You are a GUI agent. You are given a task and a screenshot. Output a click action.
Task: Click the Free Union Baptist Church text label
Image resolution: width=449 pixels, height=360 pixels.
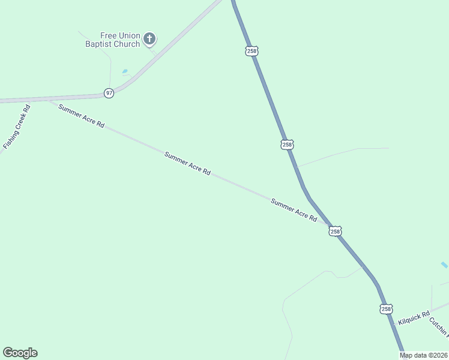[120, 40]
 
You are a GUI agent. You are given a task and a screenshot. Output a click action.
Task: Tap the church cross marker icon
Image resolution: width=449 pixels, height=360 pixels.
[149, 40]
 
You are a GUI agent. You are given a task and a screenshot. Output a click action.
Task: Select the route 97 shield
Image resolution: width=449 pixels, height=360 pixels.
[109, 93]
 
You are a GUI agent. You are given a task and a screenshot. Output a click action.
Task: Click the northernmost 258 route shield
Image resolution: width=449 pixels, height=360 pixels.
[252, 51]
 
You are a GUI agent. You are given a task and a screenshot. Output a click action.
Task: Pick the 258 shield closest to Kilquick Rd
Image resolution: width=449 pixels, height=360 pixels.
[386, 309]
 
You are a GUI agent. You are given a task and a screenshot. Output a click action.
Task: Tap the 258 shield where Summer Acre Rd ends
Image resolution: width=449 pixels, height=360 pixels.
[335, 231]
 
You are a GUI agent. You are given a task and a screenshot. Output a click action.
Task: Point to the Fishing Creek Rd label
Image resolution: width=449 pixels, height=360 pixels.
[17, 128]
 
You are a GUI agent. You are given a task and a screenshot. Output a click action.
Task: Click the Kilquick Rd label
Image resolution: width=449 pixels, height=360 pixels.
[414, 318]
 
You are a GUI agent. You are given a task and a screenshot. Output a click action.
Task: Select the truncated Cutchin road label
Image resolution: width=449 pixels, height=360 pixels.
[439, 327]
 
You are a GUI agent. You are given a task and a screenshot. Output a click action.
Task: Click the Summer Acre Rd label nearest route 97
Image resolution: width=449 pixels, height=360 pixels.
[81, 116]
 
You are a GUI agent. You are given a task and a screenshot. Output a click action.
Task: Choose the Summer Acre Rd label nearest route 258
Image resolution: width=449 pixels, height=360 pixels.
[294, 210]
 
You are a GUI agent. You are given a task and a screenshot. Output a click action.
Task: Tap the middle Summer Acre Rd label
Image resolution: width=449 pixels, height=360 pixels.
[187, 163]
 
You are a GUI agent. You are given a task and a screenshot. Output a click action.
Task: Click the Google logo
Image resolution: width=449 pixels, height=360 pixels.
[20, 353]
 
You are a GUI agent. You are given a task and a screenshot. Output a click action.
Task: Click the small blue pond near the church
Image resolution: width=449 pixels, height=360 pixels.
[125, 71]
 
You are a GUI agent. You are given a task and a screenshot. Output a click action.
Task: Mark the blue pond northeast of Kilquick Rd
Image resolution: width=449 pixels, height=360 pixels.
[444, 265]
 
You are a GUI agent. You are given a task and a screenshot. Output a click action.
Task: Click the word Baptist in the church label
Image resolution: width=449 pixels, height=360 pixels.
[102, 44]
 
